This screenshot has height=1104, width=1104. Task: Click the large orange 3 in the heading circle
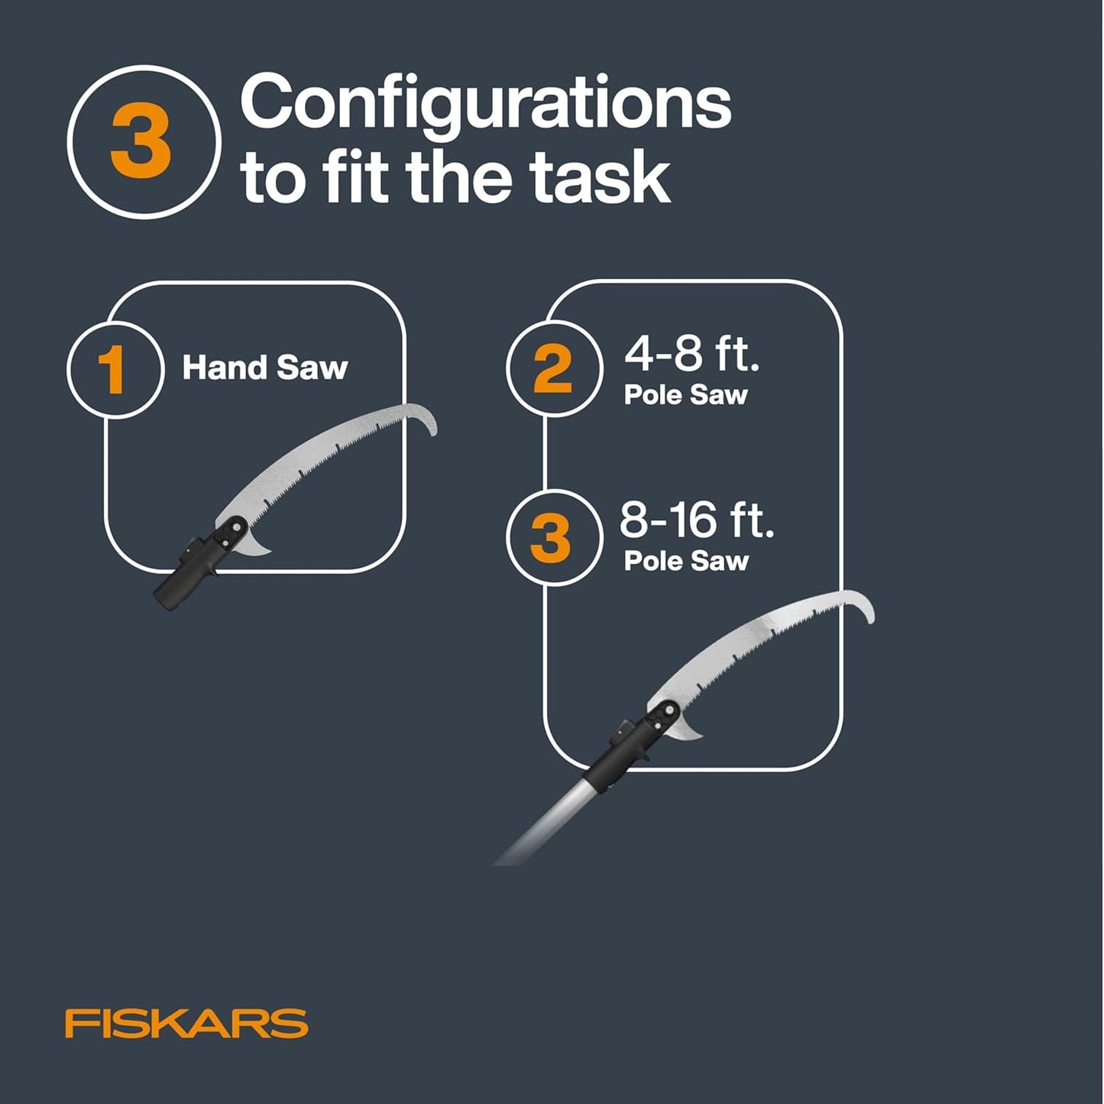coord(141,142)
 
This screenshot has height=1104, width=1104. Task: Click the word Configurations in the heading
coord(486,105)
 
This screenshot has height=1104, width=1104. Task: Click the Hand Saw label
coord(264,368)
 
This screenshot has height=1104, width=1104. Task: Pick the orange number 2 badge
coord(552,369)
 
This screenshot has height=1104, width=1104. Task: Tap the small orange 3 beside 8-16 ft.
coord(550,537)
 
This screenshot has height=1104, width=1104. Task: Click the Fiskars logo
coord(186,1023)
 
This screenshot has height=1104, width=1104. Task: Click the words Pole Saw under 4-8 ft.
coord(685,395)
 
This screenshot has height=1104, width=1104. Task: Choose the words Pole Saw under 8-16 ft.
coord(685,561)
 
